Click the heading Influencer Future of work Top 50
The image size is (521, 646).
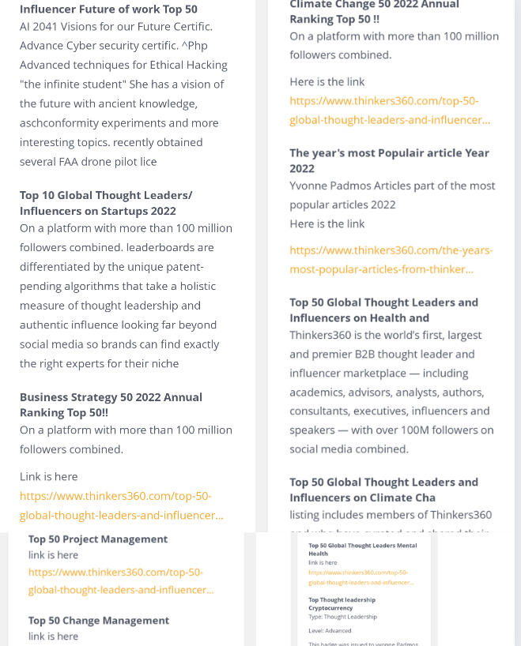click(x=108, y=9)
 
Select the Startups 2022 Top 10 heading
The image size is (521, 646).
click(x=105, y=203)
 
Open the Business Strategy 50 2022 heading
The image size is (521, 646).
click(x=111, y=404)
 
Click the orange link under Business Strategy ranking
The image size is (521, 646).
click(x=121, y=505)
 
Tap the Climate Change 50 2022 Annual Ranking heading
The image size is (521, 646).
click(x=374, y=12)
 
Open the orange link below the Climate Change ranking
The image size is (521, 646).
click(x=389, y=111)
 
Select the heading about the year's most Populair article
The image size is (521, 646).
click(x=389, y=160)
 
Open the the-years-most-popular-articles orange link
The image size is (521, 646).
click(x=391, y=260)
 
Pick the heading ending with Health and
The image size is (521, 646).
click(x=383, y=310)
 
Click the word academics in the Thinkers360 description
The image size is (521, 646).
click(x=319, y=392)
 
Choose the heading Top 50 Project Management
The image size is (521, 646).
click(x=98, y=539)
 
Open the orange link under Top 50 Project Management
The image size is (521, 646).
click(x=120, y=580)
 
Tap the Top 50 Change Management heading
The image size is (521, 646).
click(x=99, y=621)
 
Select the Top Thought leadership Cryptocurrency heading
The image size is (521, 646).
click(x=342, y=604)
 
